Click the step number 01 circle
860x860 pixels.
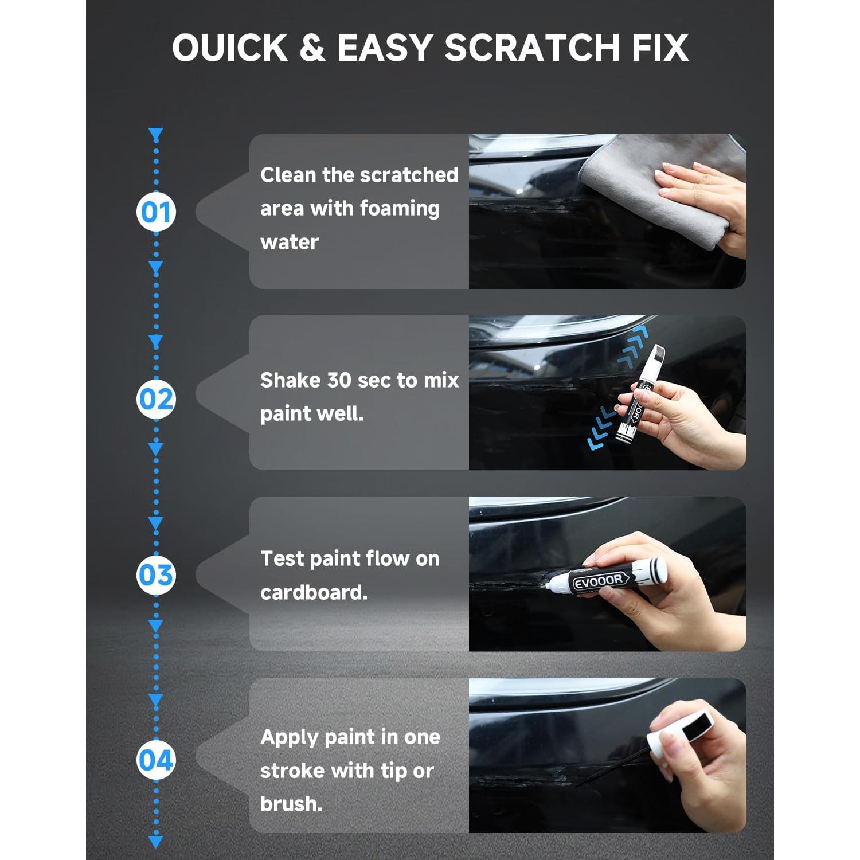[x=156, y=212]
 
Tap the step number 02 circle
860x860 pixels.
[x=156, y=399]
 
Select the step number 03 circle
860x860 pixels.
[x=156, y=575]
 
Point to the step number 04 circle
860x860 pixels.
[x=156, y=760]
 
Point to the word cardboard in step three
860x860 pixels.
[x=313, y=592]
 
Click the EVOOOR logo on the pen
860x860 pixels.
[x=599, y=581]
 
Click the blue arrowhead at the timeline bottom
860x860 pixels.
[x=156, y=842]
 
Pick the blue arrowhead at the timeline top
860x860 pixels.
[x=156, y=134]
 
